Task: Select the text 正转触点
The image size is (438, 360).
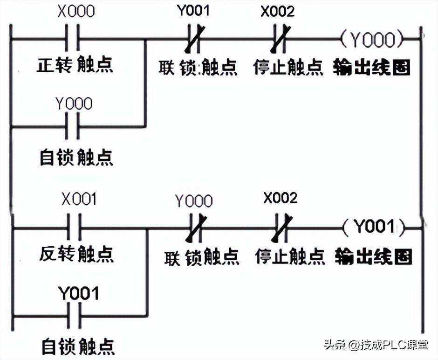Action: (75, 65)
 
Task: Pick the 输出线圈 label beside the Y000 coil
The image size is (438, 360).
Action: (372, 68)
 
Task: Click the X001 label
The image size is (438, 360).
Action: (79, 200)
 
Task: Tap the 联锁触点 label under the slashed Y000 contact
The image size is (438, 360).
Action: (202, 257)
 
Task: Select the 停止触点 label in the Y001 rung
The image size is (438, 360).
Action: (290, 256)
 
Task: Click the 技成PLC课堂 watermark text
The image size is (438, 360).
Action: (394, 345)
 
